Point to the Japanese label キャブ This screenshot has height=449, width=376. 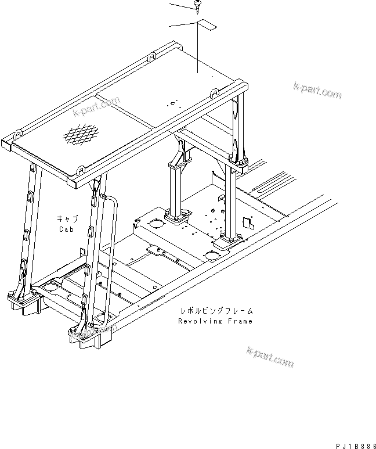pyautogui.click(x=67, y=218)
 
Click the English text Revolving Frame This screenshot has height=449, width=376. pyautogui.click(x=215, y=321)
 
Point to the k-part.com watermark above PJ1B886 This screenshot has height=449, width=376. pyautogui.click(x=270, y=357)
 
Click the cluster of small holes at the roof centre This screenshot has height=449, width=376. pyautogui.click(x=172, y=104)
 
